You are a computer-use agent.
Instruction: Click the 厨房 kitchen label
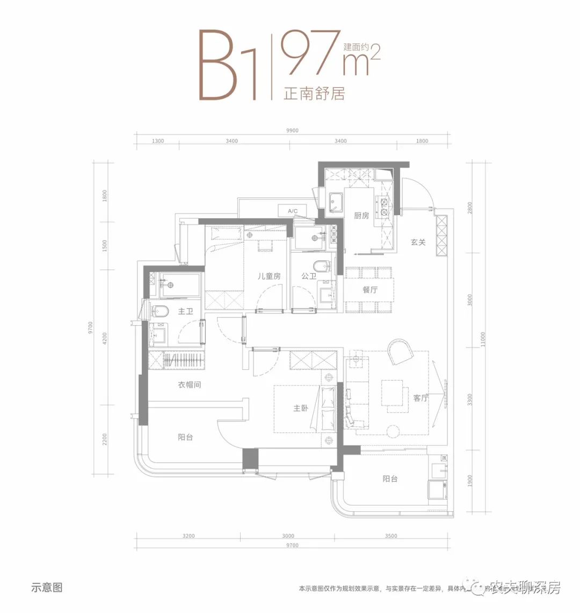click(x=361, y=216)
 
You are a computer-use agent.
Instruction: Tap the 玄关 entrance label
click(x=418, y=243)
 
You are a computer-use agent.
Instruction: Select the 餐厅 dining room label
click(x=370, y=290)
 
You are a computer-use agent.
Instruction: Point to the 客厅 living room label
click(x=421, y=398)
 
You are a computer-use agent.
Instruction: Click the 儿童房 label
click(x=269, y=276)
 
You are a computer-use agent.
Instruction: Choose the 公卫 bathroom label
click(x=309, y=276)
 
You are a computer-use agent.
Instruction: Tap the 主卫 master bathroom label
click(x=185, y=311)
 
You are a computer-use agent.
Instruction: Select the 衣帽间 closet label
click(x=190, y=385)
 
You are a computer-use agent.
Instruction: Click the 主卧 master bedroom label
click(x=301, y=409)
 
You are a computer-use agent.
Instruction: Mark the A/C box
click(x=293, y=211)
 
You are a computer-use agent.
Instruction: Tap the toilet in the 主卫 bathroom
click(x=160, y=311)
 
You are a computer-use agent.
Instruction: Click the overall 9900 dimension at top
click(x=292, y=131)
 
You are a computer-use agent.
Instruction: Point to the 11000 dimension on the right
click(x=483, y=338)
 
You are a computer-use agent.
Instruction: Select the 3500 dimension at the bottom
click(x=391, y=536)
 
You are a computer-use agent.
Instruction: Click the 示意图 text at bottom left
click(x=47, y=588)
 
